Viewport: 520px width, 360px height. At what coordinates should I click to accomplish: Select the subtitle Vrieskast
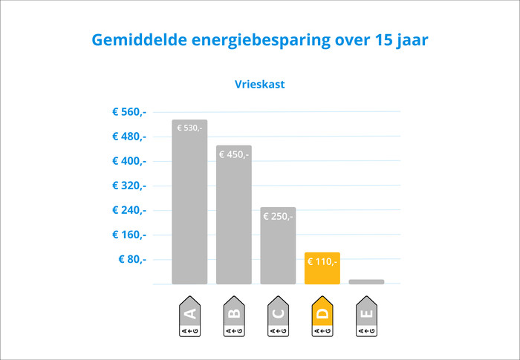click(260, 85)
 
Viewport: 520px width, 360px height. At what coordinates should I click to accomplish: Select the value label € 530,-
click(189, 128)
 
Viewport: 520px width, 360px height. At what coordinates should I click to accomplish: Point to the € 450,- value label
click(233, 154)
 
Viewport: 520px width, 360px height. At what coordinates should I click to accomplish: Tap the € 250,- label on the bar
click(278, 217)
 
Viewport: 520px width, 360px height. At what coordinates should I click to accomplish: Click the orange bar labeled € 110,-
click(322, 269)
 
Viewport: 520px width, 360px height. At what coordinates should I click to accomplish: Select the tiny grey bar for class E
click(366, 281)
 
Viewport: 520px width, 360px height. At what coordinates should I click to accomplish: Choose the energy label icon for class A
click(189, 317)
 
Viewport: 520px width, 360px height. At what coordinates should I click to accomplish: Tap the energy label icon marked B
click(233, 317)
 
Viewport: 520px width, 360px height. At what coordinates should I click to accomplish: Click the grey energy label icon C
click(278, 317)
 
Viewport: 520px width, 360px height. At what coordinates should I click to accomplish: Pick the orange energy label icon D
click(322, 317)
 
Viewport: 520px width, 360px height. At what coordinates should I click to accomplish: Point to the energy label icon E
click(366, 317)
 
